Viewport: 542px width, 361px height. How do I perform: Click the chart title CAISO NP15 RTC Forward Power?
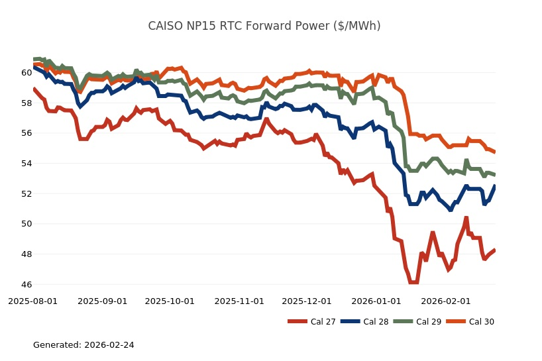pos(264,26)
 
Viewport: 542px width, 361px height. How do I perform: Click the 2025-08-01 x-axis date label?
pos(33,301)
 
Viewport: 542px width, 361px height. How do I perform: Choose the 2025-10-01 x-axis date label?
pos(170,301)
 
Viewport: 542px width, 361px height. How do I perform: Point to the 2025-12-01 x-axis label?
pos(306,301)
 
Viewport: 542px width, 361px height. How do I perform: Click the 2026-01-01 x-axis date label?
pos(376,301)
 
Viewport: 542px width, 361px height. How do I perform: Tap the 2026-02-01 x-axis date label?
pos(445,301)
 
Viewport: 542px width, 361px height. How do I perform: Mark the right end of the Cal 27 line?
pos(495,250)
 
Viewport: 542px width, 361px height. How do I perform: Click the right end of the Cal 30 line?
pos(495,152)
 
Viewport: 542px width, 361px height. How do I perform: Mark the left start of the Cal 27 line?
pos(34,89)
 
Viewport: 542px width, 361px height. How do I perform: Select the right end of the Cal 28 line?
pos(495,186)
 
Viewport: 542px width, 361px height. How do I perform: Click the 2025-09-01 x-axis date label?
pos(103,301)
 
